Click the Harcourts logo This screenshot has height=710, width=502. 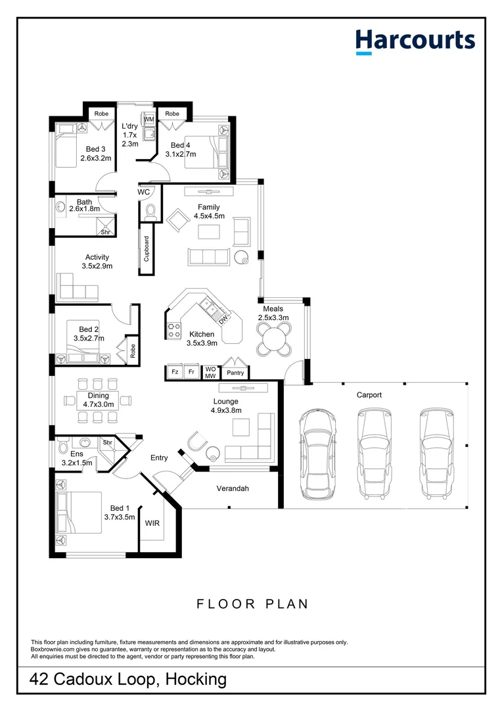click(415, 40)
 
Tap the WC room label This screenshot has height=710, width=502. click(145, 192)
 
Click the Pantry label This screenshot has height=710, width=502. click(235, 373)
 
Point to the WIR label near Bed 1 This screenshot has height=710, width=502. click(152, 523)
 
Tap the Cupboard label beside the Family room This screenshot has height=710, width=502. click(146, 248)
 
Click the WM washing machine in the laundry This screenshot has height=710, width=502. click(148, 120)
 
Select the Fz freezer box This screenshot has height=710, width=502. click(175, 373)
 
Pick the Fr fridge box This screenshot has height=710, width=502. click(191, 373)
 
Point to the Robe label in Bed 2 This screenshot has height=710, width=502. click(132, 352)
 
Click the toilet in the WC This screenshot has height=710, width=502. click(150, 211)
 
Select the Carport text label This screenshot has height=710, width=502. click(369, 395)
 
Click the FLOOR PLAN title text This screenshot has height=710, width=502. click(252, 603)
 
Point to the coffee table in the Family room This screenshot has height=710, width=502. click(210, 231)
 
